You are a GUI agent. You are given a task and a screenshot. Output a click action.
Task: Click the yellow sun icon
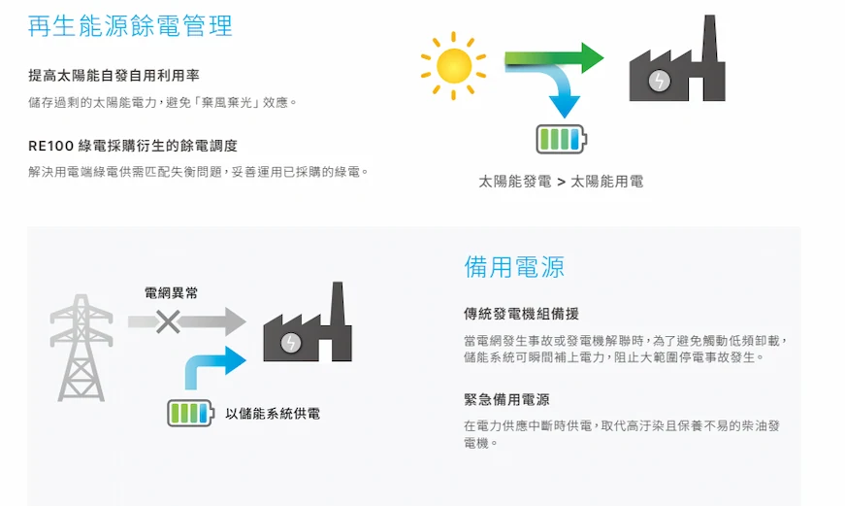coord(453,66)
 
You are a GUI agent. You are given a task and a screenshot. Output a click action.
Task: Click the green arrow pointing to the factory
coord(554,57)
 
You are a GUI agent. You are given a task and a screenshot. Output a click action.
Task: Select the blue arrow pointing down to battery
coord(561,89)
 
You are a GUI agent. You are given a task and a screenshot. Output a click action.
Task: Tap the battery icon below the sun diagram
coord(561,139)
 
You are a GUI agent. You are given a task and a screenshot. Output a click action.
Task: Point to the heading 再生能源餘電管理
coord(130,26)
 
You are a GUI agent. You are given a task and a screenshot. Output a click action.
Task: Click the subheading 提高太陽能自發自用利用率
coord(114,76)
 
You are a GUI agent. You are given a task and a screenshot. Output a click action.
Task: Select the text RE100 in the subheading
coord(50,146)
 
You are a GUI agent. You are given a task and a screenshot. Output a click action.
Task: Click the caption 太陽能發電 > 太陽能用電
coord(561,182)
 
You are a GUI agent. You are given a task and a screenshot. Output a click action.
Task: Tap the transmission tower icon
coord(81,348)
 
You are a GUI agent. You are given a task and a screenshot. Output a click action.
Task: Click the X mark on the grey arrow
coord(168,321)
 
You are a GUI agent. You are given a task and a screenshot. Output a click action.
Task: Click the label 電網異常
coord(172,293)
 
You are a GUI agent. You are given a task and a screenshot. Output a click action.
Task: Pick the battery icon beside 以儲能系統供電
coord(190,413)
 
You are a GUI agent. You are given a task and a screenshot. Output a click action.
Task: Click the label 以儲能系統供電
coord(273,414)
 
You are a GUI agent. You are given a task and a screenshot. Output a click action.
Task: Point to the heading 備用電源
coord(514,266)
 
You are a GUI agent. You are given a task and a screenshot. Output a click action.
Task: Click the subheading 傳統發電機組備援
coord(521,314)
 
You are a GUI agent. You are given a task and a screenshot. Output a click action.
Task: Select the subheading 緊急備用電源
coord(506,400)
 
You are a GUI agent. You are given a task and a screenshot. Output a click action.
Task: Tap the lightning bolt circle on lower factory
coord(291,343)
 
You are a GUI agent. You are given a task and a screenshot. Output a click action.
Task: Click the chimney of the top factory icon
coord(710,38)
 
